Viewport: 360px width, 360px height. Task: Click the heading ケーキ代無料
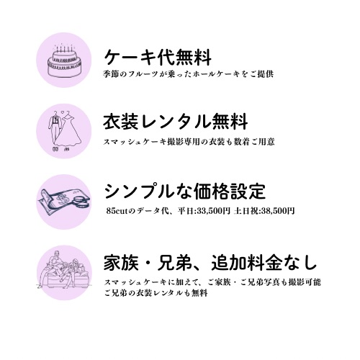coord(158,58)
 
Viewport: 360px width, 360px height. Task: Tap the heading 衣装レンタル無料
coord(176,122)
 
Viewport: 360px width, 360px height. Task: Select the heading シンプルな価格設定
coord(185,192)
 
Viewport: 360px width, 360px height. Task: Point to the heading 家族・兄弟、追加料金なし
coord(210,262)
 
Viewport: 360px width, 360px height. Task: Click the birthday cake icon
coord(63,60)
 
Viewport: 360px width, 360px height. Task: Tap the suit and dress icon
coord(63,130)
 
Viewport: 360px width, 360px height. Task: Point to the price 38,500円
coord(278,211)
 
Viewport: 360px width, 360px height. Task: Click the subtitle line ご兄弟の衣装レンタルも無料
coord(156,293)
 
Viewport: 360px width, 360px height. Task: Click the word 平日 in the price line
coord(186,211)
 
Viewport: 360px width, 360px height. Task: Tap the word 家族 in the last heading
coord(122,262)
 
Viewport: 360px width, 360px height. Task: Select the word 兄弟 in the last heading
coord(175,262)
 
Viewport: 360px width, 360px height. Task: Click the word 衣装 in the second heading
coord(121,122)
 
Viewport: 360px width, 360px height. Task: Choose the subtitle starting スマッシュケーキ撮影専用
coord(189,142)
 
